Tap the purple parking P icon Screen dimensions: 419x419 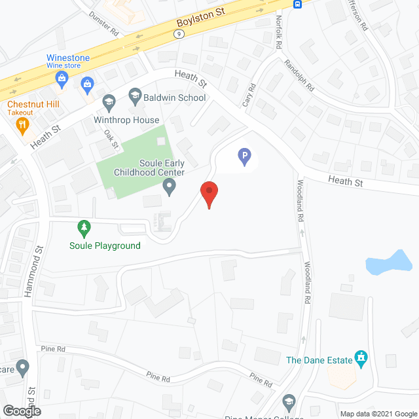tap(244, 156)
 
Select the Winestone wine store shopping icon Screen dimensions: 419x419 tap(62, 81)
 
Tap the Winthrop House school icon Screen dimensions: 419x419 tap(109, 102)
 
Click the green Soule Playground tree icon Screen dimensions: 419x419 tap(84, 228)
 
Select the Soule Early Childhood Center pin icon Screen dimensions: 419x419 tap(169, 189)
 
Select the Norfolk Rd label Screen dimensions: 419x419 tap(279, 33)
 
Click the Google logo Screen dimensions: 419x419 tap(21, 410)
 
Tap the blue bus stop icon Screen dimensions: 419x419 tap(297, 4)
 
